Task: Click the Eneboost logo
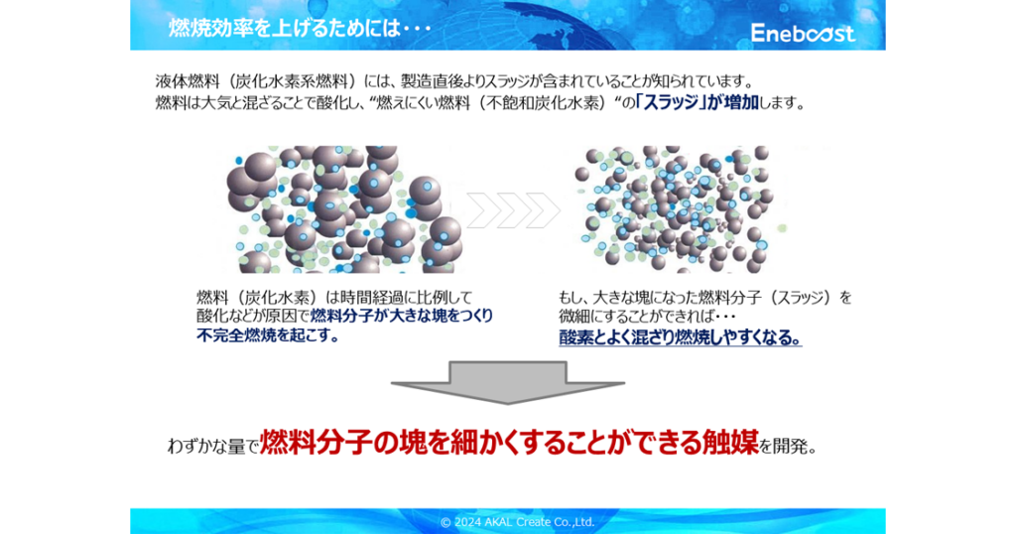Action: tap(803, 33)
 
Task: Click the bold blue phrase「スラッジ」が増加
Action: tap(698, 102)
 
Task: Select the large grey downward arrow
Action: tap(508, 383)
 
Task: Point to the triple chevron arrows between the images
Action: tap(513, 210)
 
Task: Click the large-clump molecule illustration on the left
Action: tap(343, 208)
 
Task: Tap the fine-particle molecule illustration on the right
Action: tap(680, 208)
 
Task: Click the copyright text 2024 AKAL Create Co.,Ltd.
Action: tap(517, 522)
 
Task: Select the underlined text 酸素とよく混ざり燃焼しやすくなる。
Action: tap(681, 337)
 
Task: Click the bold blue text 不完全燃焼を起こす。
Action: tap(268, 335)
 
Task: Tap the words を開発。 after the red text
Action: tap(788, 446)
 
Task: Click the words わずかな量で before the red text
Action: tap(213, 447)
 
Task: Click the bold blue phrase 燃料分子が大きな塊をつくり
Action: tap(402, 316)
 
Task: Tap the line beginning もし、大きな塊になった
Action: tap(705, 298)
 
